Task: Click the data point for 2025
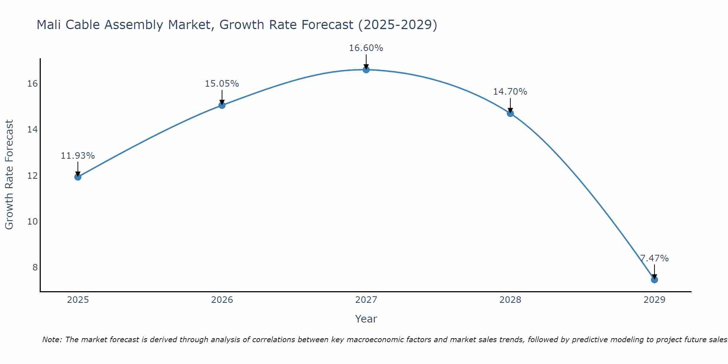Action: click(x=78, y=177)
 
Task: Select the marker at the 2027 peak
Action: click(x=366, y=70)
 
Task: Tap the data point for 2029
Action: click(x=654, y=280)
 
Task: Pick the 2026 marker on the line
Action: click(x=222, y=105)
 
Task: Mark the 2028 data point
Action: click(x=510, y=113)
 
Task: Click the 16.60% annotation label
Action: click(x=366, y=48)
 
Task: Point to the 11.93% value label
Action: click(x=78, y=156)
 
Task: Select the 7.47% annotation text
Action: click(x=654, y=258)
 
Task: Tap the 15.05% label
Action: click(x=222, y=84)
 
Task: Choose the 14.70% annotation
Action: click(x=510, y=92)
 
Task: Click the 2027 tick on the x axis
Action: click(x=366, y=300)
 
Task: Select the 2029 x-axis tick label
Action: click(x=654, y=300)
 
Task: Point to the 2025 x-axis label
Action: click(x=78, y=300)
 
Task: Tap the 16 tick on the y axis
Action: click(x=33, y=84)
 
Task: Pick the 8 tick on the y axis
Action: click(x=35, y=268)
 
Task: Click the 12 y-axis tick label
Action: click(x=33, y=175)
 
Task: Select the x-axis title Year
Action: click(x=366, y=319)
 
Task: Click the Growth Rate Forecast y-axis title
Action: click(x=9, y=175)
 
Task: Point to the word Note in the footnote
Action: click(x=52, y=340)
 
